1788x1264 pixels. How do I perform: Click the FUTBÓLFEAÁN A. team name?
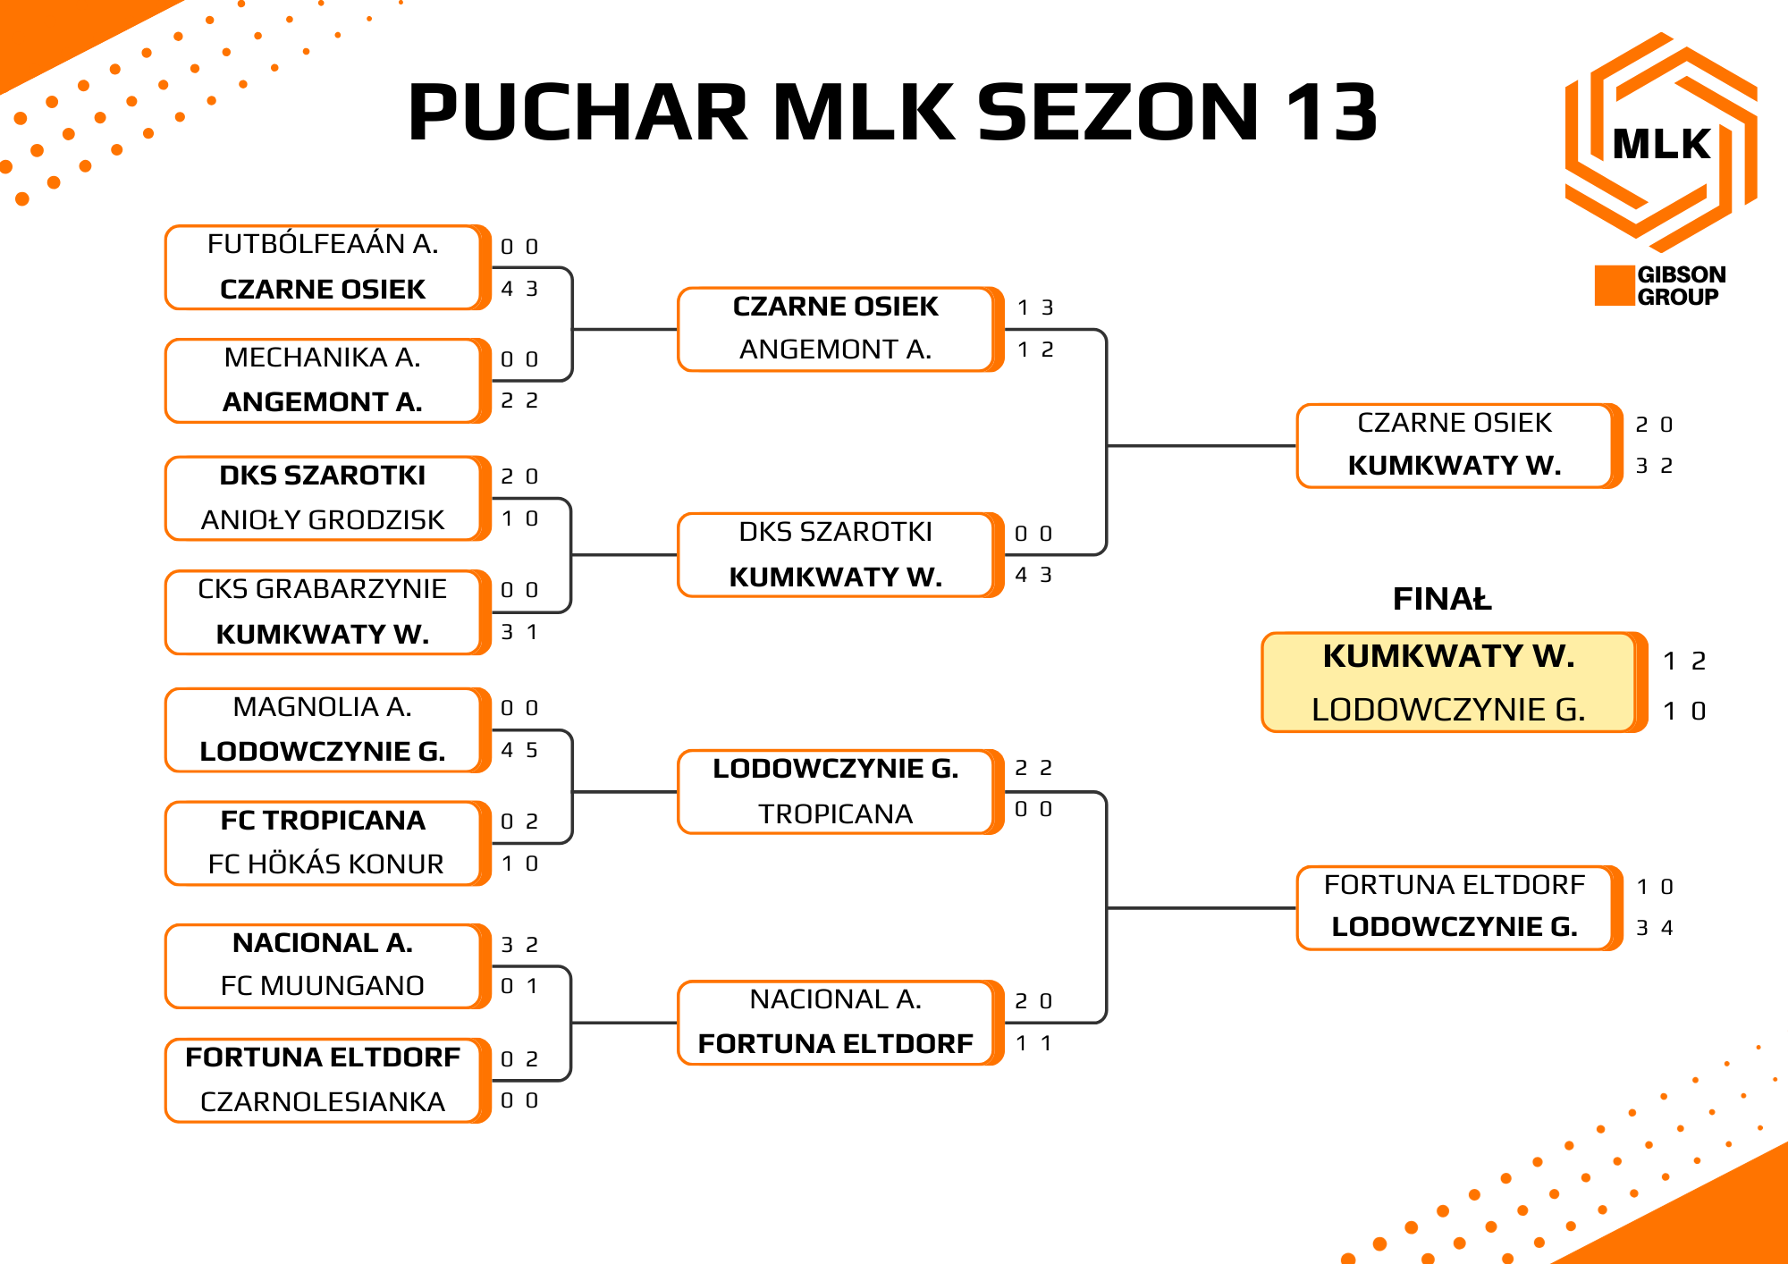point(323,243)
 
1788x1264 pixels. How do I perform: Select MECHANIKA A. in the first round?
point(323,357)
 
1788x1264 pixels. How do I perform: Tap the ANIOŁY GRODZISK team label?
point(323,519)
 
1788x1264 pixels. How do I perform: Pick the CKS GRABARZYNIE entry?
point(323,588)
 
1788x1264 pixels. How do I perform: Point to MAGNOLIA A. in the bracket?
point(323,706)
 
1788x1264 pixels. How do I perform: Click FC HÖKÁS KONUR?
point(325,864)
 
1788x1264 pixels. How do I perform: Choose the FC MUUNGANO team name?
point(323,985)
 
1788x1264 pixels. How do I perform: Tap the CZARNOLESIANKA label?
point(323,1101)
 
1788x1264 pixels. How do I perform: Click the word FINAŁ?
point(1442,598)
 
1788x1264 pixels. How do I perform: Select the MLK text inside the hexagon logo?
point(1661,144)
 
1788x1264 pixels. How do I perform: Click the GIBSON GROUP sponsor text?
point(1681,285)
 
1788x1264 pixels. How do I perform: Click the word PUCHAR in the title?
point(578,113)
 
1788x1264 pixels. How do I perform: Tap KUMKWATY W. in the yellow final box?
point(1449,655)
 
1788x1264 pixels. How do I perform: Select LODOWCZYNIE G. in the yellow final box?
point(1449,709)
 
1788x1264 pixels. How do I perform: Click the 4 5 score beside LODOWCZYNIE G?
point(519,750)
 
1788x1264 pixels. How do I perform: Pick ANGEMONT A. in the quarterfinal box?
point(836,349)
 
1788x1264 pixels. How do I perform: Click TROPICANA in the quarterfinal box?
point(836,813)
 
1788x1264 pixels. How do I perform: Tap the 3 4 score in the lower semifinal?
point(1655,928)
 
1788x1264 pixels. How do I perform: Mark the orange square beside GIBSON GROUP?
point(1615,285)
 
